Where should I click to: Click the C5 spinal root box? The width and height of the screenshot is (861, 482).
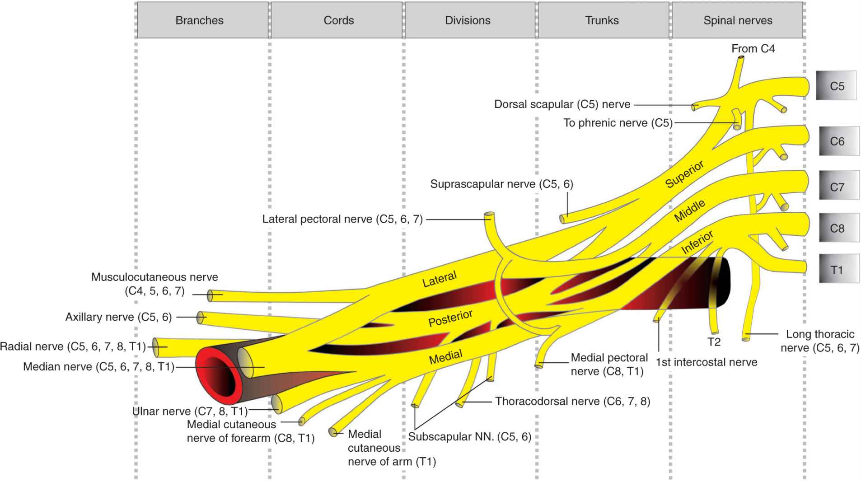836,86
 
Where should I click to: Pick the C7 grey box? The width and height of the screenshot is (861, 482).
838,186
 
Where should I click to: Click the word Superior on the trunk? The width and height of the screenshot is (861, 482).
684,174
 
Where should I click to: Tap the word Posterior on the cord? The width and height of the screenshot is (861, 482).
450,318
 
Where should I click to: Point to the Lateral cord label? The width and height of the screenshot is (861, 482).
439,279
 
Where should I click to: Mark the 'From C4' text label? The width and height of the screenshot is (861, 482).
753,49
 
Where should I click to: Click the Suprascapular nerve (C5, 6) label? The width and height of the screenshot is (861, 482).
501,184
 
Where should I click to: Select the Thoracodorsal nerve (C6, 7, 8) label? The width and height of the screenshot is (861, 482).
572,401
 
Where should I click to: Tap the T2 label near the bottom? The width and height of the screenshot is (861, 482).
714,342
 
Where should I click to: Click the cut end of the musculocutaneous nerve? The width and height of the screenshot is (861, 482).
210,295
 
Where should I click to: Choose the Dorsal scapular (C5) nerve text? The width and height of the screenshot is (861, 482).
562,104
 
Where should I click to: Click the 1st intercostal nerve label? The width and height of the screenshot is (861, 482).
706,362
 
